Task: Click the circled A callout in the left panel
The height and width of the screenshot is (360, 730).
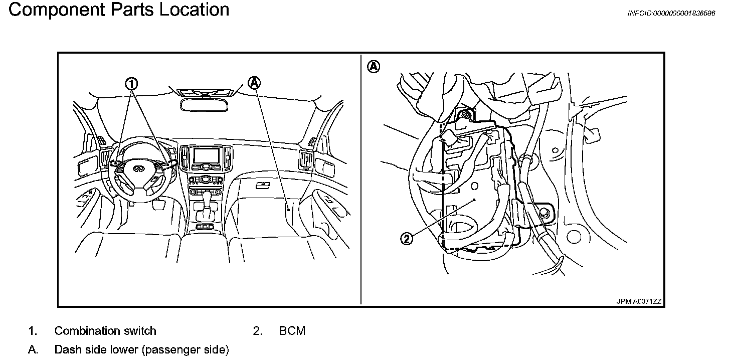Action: point(255,83)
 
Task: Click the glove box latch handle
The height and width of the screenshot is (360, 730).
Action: point(261,185)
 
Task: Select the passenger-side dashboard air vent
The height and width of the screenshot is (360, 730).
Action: point(304,160)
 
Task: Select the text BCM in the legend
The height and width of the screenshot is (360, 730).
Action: point(292,331)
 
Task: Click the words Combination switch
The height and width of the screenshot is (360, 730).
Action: point(105,331)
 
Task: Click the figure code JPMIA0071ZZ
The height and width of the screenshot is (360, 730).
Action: point(639,301)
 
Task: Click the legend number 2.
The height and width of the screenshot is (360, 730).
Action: point(258,331)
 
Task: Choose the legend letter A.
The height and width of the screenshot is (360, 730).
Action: point(33,349)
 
